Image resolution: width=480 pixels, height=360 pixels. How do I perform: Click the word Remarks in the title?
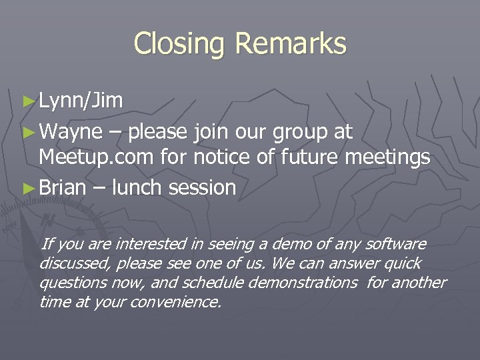click(291, 44)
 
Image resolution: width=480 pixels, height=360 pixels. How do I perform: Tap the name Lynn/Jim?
click(81, 101)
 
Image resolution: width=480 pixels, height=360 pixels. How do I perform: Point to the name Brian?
click(63, 188)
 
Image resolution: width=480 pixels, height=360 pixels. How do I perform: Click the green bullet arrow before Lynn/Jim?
click(27, 101)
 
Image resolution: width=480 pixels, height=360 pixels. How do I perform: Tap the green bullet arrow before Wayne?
click(27, 132)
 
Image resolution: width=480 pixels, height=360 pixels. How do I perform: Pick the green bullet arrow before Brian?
click(27, 189)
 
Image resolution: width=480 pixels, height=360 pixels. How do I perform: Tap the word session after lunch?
click(203, 188)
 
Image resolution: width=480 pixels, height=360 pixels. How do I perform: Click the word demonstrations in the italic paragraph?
click(303, 283)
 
